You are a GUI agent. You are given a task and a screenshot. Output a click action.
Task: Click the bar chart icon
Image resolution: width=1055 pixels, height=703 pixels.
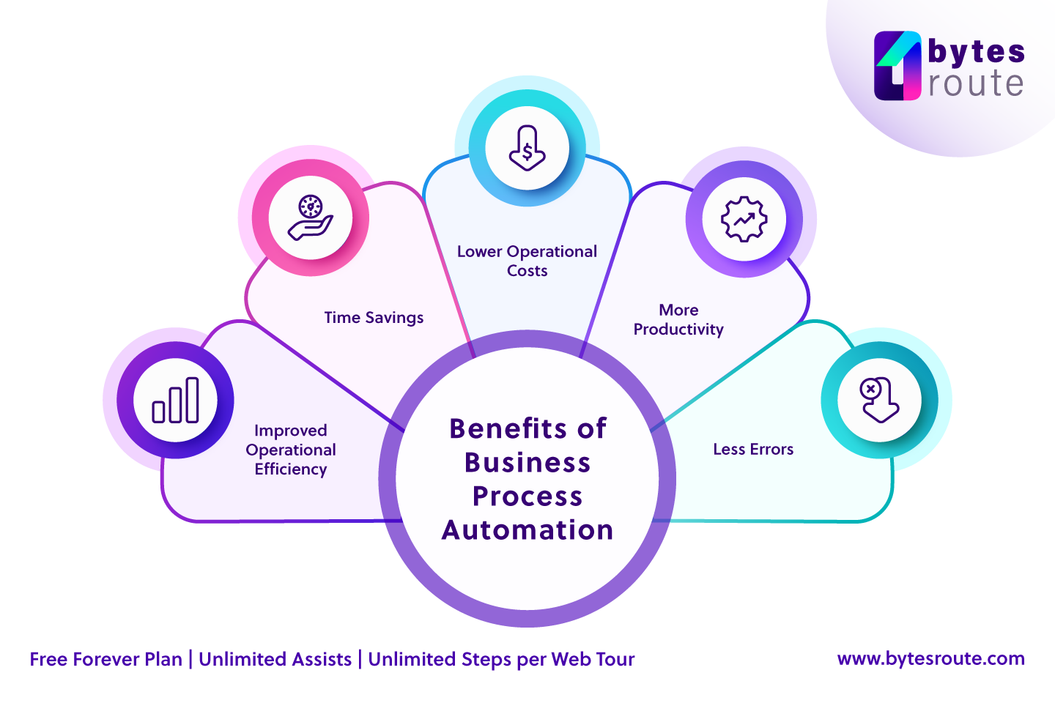[176, 401]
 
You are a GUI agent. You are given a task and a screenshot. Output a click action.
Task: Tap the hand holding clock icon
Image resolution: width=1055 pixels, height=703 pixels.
[311, 217]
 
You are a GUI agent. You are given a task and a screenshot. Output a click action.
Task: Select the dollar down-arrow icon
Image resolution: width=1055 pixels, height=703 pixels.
[527, 148]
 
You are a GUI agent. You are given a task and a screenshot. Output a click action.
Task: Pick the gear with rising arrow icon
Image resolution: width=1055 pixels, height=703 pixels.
[744, 219]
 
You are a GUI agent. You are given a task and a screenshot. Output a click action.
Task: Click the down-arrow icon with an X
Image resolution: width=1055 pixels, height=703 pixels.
[879, 400]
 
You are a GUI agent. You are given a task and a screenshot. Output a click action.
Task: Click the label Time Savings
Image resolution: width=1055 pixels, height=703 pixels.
[374, 318]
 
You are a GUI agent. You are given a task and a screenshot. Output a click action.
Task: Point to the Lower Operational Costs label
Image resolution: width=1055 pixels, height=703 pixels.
[527, 261]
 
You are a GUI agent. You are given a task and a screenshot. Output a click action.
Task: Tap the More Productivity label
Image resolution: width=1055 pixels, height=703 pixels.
[678, 320]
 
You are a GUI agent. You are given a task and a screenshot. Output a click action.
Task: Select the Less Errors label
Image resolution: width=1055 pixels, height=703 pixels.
[753, 449]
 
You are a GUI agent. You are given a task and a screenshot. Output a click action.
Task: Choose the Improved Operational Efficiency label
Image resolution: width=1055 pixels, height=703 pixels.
[291, 450]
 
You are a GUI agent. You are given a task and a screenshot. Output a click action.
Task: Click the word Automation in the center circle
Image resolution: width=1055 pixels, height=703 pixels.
[527, 529]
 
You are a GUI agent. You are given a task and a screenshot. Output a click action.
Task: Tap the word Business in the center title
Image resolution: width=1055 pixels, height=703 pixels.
[527, 463]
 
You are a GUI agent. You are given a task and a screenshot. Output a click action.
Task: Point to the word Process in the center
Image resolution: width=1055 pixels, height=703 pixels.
[527, 496]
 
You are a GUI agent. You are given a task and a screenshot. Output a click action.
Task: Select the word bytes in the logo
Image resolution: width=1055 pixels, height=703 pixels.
[976, 51]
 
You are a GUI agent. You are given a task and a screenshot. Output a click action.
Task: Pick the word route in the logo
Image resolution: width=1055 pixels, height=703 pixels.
[976, 83]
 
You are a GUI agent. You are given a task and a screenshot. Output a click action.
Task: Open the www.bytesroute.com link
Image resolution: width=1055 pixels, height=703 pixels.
[930, 658]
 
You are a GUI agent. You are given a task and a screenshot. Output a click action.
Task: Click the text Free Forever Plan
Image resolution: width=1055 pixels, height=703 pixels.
[105, 659]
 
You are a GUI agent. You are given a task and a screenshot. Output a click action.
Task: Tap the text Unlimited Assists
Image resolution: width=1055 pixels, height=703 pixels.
[275, 659]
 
